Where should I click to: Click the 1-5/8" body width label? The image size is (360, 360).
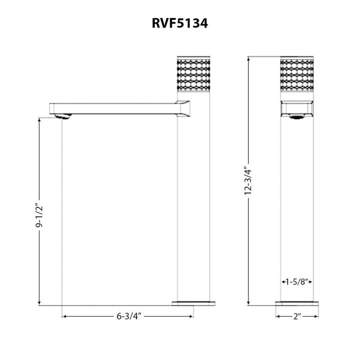click(x=297, y=282)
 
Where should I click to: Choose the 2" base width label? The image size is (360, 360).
click(x=297, y=317)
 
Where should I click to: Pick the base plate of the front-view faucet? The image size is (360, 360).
click(x=297, y=303)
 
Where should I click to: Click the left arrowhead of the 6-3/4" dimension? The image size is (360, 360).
click(x=63, y=317)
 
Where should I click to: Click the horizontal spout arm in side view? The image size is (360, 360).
click(x=117, y=107)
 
